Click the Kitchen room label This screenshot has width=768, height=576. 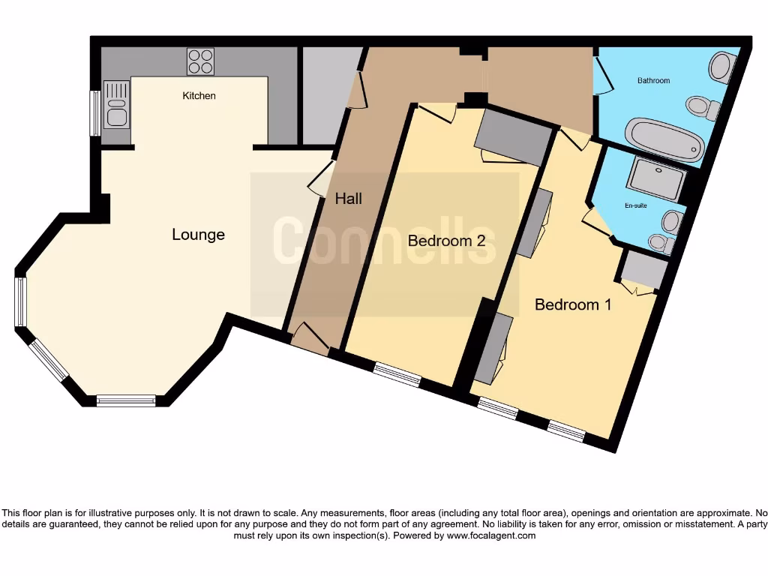[x=199, y=95]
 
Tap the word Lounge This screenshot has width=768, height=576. [x=198, y=235]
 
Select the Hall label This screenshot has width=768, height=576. [x=348, y=198]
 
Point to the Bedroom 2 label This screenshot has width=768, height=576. [x=446, y=241]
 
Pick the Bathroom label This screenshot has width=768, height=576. [x=653, y=80]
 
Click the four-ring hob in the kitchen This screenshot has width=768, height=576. [x=200, y=61]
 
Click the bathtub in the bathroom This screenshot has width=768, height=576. [x=665, y=139]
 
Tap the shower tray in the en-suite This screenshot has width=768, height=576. [x=657, y=177]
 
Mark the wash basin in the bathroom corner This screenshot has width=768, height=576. [x=723, y=67]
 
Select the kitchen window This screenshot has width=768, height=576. [x=95, y=113]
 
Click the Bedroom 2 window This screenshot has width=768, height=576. [x=397, y=373]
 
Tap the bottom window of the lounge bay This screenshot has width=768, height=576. [x=126, y=400]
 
